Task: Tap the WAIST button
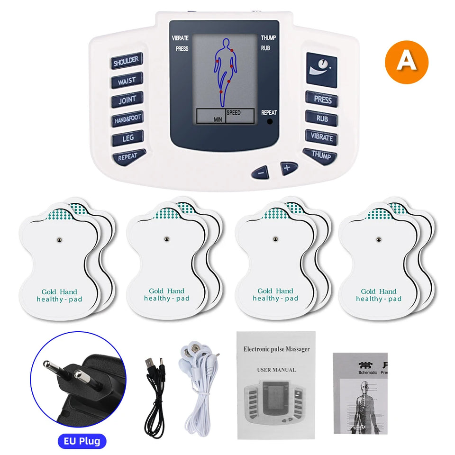point(127,81)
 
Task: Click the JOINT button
point(127,100)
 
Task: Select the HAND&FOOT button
point(127,119)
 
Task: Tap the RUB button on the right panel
point(322,118)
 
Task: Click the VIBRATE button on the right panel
point(322,137)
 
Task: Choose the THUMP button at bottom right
point(321,155)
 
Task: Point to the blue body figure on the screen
point(225,71)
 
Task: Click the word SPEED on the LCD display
point(233,113)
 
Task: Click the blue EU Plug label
point(82,441)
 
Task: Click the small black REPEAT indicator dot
point(270,121)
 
